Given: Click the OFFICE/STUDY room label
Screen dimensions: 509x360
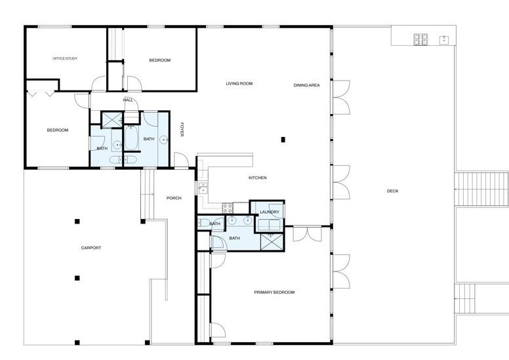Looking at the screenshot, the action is point(65,59).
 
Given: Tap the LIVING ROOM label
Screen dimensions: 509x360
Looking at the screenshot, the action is point(239,84).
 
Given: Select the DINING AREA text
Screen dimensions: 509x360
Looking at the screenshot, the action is point(307,85).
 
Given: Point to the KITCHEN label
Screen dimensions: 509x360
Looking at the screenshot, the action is point(258,178).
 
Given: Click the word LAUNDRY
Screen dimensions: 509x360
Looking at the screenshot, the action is point(270,212).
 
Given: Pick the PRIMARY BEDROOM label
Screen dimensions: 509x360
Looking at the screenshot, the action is point(274,292).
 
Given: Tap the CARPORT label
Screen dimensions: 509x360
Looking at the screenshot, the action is point(91,248).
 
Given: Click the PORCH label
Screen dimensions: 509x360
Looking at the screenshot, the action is point(174,198).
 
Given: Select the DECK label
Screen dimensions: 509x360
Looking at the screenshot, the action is point(393,191).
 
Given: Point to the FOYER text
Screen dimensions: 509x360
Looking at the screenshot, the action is point(182,129).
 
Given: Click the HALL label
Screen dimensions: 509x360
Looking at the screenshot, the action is point(128,100).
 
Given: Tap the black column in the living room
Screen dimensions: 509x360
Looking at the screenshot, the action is point(283,140).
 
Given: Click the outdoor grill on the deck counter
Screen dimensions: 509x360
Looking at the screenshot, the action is point(420,39).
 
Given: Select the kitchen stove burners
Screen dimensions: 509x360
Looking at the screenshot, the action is point(228,208).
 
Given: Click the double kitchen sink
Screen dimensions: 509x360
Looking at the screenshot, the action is point(203,188).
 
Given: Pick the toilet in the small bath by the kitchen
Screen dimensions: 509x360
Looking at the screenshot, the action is point(204,223).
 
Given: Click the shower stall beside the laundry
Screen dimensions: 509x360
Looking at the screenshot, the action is point(272,242).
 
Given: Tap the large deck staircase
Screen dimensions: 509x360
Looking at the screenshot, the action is point(481,190).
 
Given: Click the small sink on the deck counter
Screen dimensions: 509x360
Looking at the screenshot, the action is point(444,40).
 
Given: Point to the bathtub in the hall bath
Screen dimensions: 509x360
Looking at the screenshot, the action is point(131,138).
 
